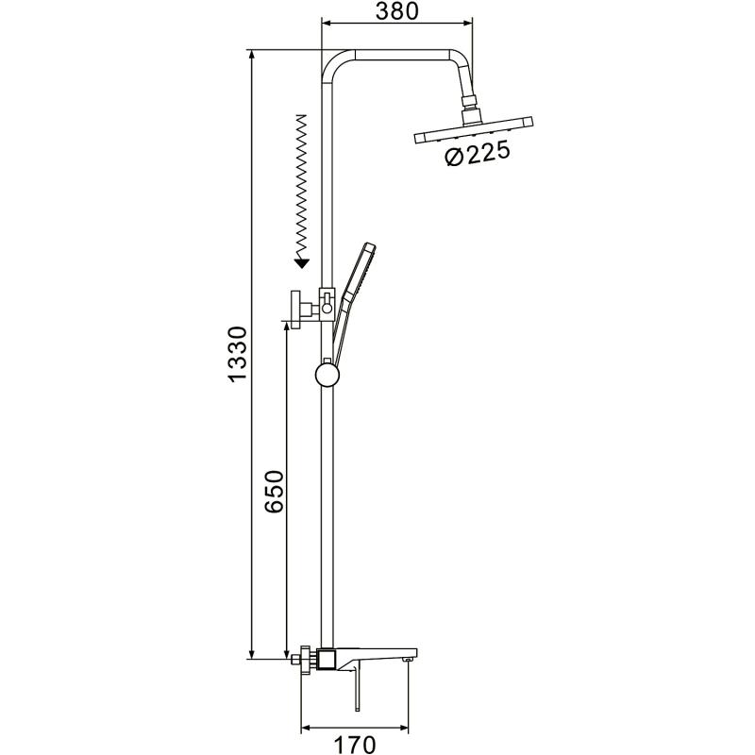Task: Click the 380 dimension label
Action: [396, 11]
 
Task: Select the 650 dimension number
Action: [275, 491]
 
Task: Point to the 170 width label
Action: [355, 745]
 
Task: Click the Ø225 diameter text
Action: [478, 154]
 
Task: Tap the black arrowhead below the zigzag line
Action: [301, 262]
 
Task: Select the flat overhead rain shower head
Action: [474, 130]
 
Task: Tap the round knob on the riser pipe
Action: [327, 375]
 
